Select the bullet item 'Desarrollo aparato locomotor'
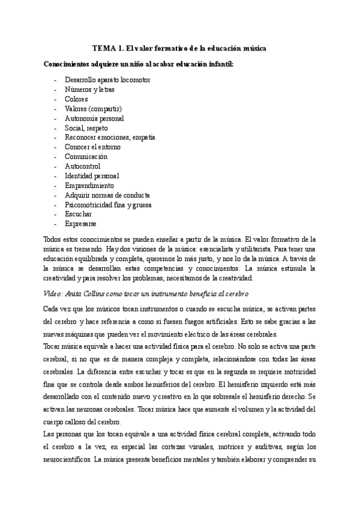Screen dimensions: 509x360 [107, 80]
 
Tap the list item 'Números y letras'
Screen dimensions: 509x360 [90, 89]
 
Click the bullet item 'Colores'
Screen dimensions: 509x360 [76, 99]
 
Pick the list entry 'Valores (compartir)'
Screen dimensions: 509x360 [94, 109]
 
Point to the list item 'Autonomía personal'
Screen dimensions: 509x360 [94, 118]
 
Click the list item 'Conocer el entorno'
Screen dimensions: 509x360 [92, 147]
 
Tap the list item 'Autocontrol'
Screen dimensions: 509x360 [83, 166]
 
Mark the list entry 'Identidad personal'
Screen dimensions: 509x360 [92, 176]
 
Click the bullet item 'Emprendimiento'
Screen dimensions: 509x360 [89, 185]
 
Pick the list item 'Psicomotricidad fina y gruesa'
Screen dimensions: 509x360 [108, 205]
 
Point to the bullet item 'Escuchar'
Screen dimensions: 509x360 [79, 214]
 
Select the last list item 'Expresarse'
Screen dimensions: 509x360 [80, 223]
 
